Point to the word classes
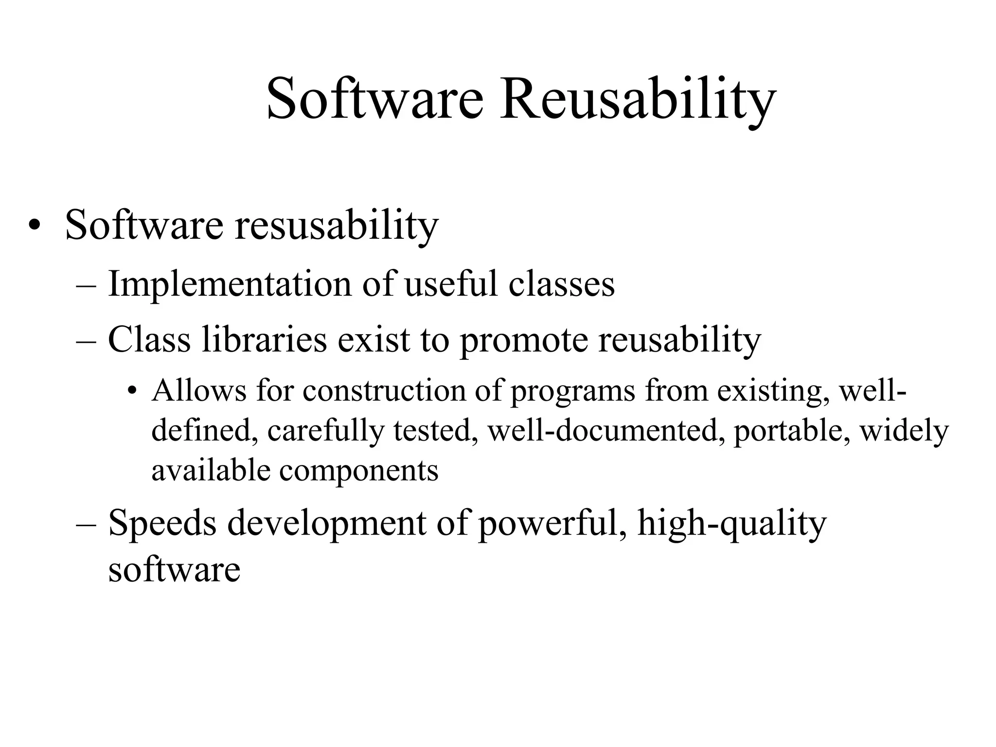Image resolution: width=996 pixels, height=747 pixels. tap(562, 284)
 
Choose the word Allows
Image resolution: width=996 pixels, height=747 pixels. tap(199, 390)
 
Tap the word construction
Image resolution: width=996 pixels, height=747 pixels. tap(384, 391)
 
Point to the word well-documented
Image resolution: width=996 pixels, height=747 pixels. tap(604, 430)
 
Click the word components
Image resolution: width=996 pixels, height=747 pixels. tap(359, 471)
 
